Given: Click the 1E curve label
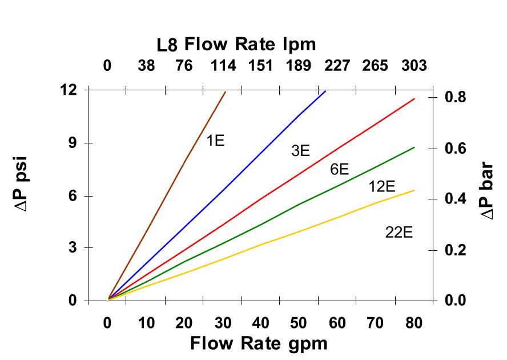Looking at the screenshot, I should tap(215, 140).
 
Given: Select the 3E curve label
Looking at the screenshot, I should tap(300, 151).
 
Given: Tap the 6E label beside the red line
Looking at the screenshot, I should tap(339, 169).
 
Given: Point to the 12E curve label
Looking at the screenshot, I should tap(381, 186).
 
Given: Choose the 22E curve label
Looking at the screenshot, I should tap(399, 233).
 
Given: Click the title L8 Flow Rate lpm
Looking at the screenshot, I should tap(236, 44).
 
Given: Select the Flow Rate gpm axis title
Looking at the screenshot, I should tap(259, 343).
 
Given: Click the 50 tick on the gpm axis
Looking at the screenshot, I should tap(299, 323).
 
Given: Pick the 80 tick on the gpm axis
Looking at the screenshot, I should tap(414, 323).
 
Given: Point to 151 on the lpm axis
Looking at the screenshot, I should tap(260, 66).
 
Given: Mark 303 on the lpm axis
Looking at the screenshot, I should tap(414, 66).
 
